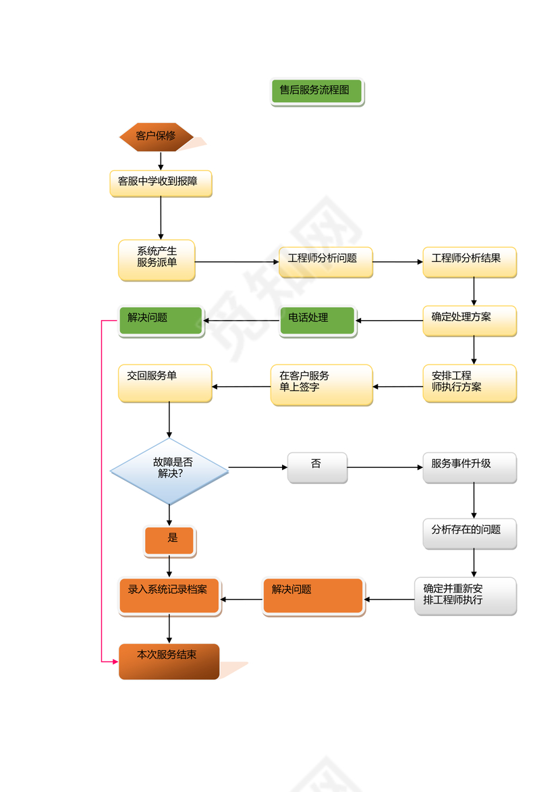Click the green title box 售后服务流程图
(x=316, y=92)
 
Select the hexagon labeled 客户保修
(x=157, y=137)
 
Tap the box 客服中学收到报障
(x=161, y=183)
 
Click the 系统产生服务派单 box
(x=157, y=260)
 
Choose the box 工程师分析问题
(x=325, y=262)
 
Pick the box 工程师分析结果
(x=470, y=262)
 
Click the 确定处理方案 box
(x=470, y=321)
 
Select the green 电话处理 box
(x=317, y=321)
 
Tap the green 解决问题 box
(x=161, y=321)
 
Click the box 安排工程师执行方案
(x=470, y=384)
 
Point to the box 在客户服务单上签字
(x=321, y=385)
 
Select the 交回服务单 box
(x=165, y=384)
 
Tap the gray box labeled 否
(x=317, y=467)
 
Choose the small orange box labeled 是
(x=169, y=541)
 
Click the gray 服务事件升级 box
(x=470, y=467)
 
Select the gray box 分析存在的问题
(x=470, y=533)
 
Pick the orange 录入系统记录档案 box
(x=169, y=596)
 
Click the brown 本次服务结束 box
(x=169, y=661)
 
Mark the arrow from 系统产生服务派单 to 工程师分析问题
(x=237, y=262)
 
